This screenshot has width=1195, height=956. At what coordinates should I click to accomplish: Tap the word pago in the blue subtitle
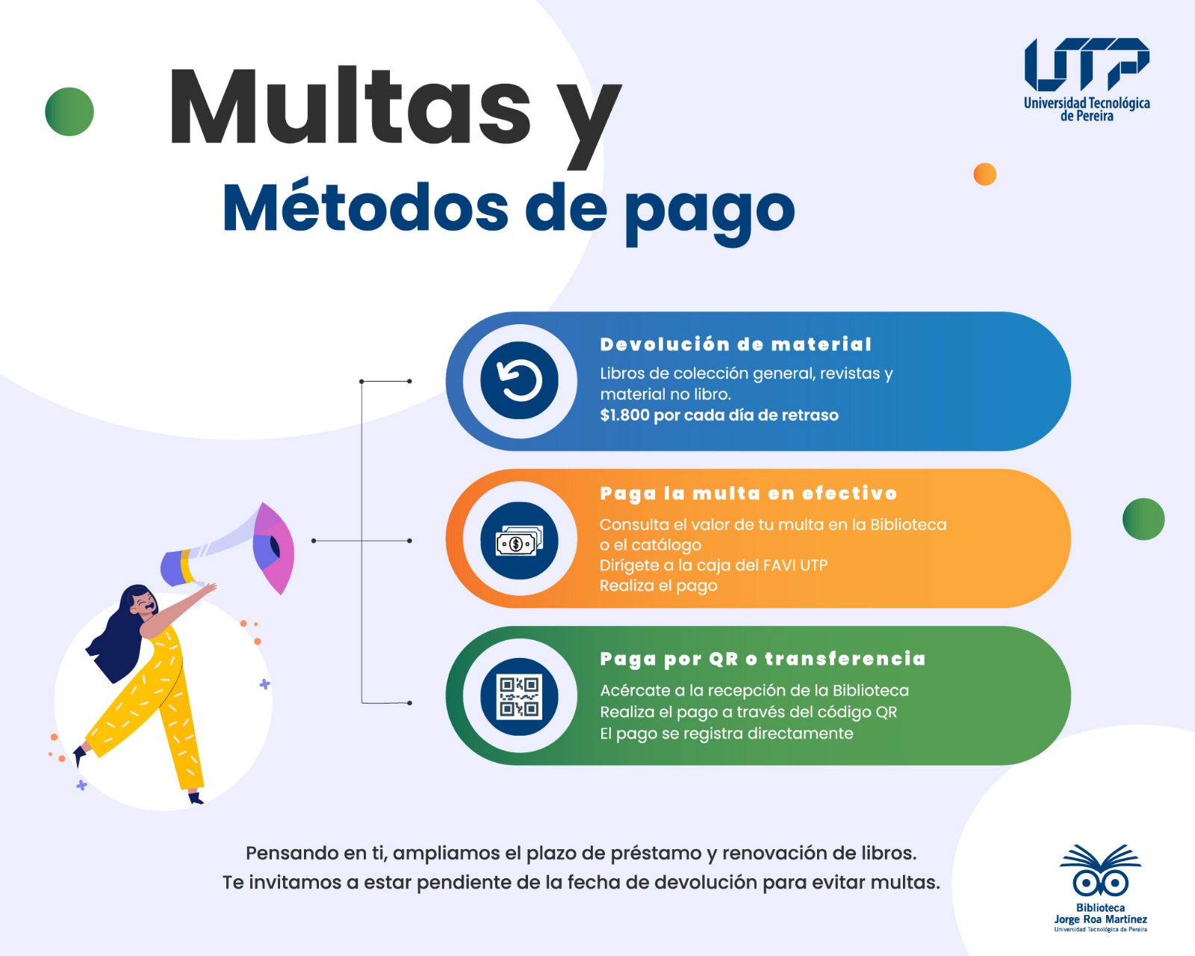click(x=710, y=210)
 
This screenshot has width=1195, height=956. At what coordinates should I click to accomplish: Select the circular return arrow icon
click(x=519, y=381)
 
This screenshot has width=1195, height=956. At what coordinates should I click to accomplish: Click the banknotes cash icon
click(x=519, y=541)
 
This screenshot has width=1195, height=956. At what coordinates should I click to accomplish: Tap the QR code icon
click(x=519, y=696)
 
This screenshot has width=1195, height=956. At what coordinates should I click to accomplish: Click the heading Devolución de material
click(x=736, y=344)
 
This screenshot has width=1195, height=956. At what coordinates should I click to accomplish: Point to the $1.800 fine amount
click(x=624, y=415)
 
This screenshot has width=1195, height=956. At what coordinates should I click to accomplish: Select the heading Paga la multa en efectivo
click(x=748, y=494)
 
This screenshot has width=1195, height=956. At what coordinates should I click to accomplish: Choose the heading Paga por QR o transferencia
click(x=763, y=659)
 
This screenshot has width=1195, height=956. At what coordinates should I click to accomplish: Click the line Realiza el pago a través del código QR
click(x=748, y=712)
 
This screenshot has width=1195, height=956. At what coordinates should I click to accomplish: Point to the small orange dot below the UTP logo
click(x=984, y=174)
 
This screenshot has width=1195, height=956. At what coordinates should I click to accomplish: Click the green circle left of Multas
click(x=69, y=112)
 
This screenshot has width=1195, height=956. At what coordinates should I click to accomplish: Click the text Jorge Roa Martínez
click(x=1100, y=919)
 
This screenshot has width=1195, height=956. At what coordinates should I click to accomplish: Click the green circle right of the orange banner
click(x=1143, y=519)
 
